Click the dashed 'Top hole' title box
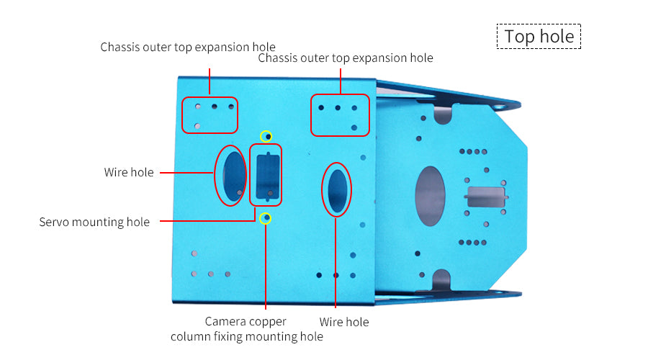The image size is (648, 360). [539, 37]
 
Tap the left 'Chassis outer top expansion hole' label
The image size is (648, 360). [188, 48]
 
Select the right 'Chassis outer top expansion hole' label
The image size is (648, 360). [346, 58]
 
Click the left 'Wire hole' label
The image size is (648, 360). [129, 173]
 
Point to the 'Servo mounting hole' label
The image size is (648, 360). [94, 222]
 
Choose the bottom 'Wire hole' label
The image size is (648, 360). [344, 322]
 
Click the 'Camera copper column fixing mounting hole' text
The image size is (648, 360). [246, 328]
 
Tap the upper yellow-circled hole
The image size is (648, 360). [266, 135]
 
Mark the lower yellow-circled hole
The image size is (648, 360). [266, 217]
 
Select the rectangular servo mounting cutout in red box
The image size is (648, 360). [265, 174]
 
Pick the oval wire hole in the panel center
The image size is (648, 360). [337, 189]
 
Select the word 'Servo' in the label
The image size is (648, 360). [55, 222]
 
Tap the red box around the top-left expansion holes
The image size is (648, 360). [210, 115]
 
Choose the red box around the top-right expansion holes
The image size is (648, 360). [341, 115]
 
